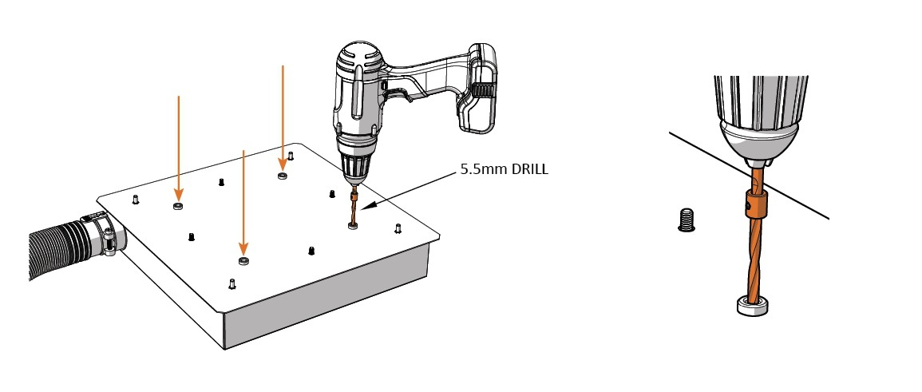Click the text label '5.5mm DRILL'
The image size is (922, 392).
click(504, 170)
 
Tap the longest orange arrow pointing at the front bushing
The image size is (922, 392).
click(243, 200)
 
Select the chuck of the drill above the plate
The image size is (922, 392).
click(354, 169)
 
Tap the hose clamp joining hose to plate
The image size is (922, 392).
click(106, 237)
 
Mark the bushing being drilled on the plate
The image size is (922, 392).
click(352, 227)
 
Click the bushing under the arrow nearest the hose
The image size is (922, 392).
click(178, 207)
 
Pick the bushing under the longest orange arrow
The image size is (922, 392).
click(243, 261)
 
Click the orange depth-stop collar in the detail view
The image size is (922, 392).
click(755, 204)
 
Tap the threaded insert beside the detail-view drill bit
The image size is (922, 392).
click(686, 219)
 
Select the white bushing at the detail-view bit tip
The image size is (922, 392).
click(753, 305)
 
